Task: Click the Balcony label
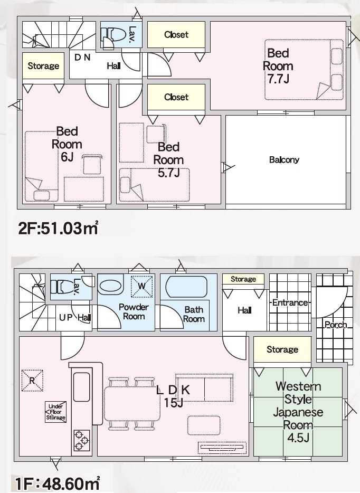[284, 160]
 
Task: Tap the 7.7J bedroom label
[278, 66]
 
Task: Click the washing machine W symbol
[142, 286]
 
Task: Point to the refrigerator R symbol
[32, 381]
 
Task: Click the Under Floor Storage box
[55, 412]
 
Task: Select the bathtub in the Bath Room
[186, 287]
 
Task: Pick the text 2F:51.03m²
[58, 228]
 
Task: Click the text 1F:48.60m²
[58, 483]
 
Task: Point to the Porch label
[336, 325]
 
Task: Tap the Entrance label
[290, 302]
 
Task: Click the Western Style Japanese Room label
[298, 412]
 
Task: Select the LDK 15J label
[173, 396]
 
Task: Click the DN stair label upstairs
[82, 57]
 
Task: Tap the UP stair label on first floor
[65, 318]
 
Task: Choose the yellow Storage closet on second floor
[43, 65]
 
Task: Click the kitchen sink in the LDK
[81, 387]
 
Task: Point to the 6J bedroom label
[67, 144]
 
